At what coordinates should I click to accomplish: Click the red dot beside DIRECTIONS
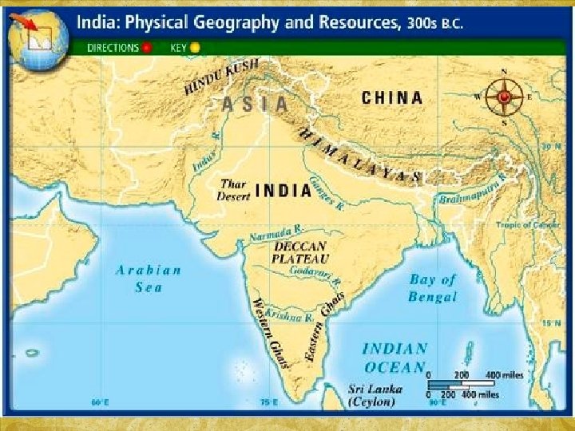point(145,47)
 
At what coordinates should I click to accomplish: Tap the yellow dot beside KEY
point(195,47)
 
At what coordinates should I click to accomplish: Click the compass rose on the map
point(504,97)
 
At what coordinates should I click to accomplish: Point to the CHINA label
point(392,98)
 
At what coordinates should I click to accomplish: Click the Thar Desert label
point(235,189)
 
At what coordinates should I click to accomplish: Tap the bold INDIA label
point(284,191)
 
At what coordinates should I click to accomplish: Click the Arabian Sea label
point(149,278)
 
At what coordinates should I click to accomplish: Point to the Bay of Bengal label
point(433,288)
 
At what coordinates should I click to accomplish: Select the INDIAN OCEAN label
point(395,358)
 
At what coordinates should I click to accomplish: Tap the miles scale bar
point(463,385)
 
